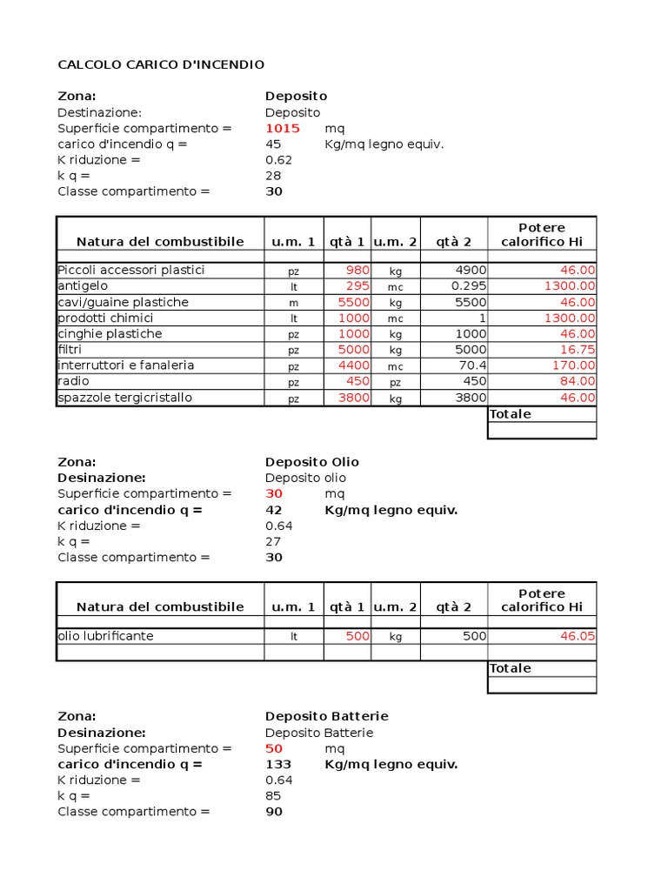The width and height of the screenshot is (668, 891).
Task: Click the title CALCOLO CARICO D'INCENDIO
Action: (161, 65)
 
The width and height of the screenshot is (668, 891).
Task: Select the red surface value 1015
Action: (283, 129)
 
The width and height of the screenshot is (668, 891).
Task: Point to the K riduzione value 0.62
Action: (278, 160)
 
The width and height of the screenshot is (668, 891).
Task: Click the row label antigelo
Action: (83, 286)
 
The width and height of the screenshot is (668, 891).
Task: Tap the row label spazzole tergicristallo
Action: (124, 398)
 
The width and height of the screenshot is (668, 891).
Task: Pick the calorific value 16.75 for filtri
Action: (576, 350)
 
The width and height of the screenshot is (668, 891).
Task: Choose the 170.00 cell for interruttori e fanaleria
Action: (574, 365)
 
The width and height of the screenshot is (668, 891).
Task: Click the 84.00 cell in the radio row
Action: (578, 381)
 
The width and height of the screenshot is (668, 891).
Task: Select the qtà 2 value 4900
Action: (471, 270)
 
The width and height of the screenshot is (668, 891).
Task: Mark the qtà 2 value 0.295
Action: (470, 286)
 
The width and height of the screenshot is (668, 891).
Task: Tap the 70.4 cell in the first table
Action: (473, 365)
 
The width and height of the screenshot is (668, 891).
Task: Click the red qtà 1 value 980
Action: (357, 270)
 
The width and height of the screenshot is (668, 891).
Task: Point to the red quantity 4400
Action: (354, 365)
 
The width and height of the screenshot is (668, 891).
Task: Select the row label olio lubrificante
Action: (105, 636)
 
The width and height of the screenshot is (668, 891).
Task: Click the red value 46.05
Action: (578, 636)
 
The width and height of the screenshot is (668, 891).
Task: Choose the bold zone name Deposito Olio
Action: (311, 462)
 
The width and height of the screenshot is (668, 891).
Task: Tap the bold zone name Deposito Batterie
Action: (326, 716)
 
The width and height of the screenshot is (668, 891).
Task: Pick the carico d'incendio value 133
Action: (278, 765)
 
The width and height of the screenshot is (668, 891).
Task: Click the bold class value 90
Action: (274, 812)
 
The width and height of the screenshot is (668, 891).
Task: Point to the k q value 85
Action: (273, 796)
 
